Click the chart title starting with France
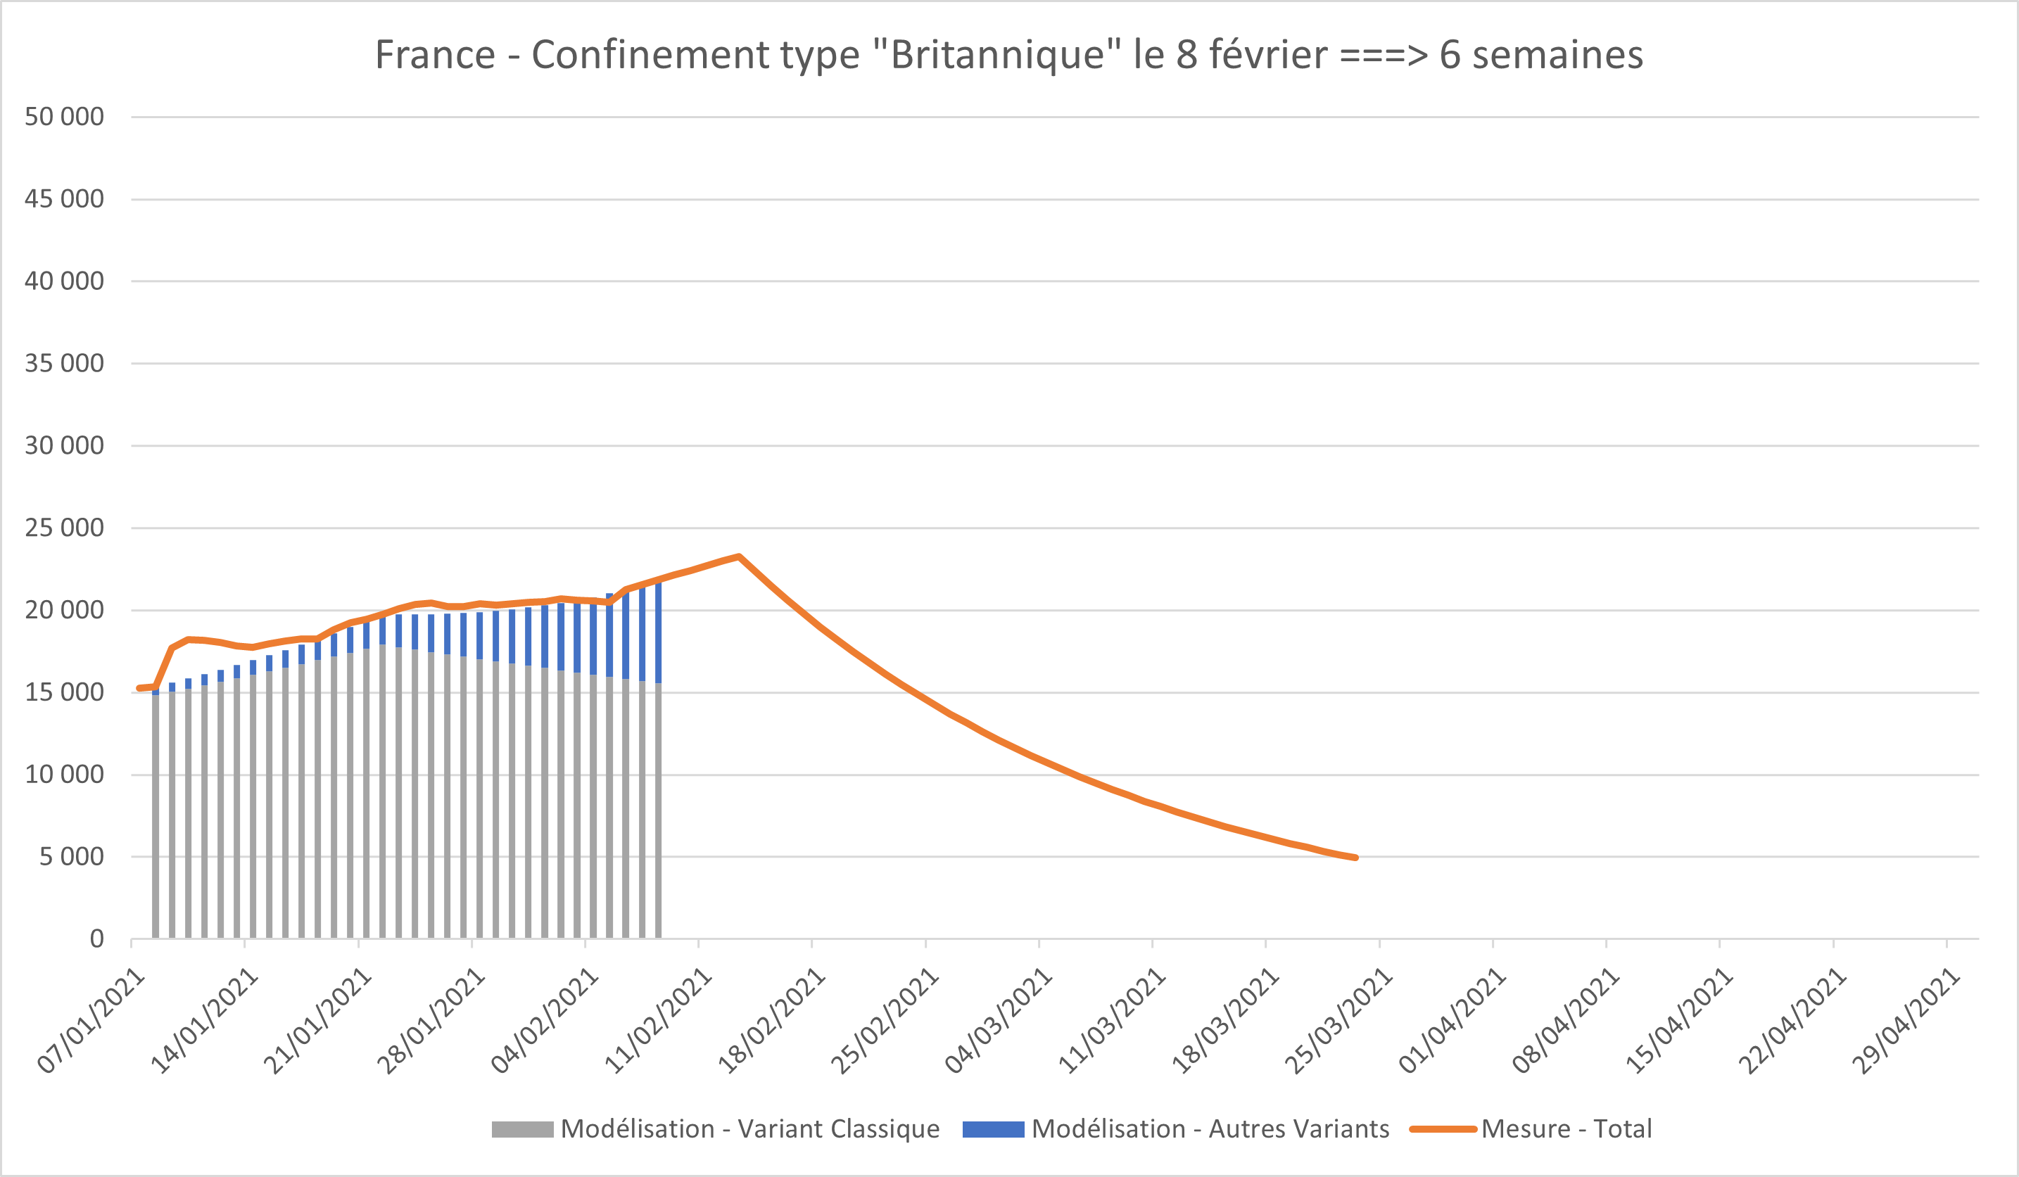tap(1008, 56)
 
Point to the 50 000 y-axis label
tap(64, 117)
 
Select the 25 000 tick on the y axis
tap(64, 528)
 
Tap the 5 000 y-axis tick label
tap(71, 856)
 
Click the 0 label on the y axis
tap(96, 939)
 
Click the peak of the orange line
tap(739, 556)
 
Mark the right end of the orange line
tap(1355, 858)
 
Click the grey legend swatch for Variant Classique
tap(522, 1129)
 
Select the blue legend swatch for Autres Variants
tap(993, 1129)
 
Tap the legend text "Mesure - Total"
tap(1567, 1129)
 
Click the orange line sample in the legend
tap(1443, 1129)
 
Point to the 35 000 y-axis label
tap(64, 364)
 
